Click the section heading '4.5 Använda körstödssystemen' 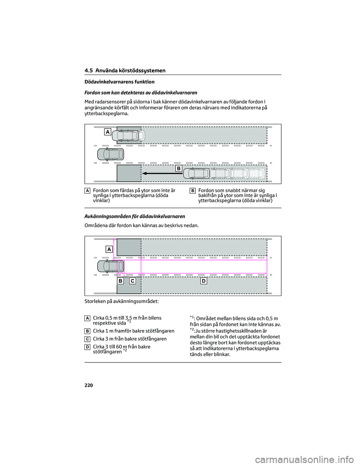[125, 71]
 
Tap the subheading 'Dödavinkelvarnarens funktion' [119, 82]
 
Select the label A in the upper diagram [108, 132]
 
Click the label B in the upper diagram [179, 169]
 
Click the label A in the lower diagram [109, 249]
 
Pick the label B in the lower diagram [120, 281]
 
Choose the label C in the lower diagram [132, 281]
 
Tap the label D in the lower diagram [203, 281]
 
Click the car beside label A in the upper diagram [127, 135]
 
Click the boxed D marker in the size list [87, 347]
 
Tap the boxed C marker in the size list [87, 339]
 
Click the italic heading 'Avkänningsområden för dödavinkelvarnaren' [135, 216]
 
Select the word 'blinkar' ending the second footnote [221, 354]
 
